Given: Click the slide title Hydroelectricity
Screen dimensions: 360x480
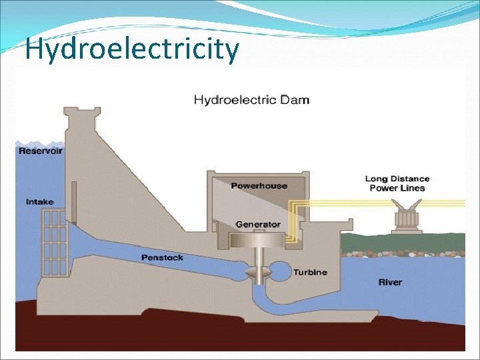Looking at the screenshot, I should pos(131,49).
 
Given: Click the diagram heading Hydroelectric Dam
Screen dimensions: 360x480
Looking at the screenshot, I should pos(251,101).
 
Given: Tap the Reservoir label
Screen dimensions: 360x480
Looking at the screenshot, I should pos(41,151).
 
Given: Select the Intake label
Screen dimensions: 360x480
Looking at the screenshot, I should pos(40,201).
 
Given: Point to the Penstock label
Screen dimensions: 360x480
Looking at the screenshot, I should pos(162,257).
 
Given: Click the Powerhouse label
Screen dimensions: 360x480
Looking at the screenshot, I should pos(259,185).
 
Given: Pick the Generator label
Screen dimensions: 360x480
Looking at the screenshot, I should pos(258,225).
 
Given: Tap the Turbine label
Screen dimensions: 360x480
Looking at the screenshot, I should pos(310,272).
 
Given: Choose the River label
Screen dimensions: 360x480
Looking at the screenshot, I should pos(390,282).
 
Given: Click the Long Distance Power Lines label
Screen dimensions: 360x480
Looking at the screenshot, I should pos(397,183).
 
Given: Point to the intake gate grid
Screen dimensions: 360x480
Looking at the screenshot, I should pos(54,243).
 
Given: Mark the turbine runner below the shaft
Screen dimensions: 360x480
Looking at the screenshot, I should pos(258,273).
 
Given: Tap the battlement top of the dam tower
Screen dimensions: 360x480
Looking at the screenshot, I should pos(82,113).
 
